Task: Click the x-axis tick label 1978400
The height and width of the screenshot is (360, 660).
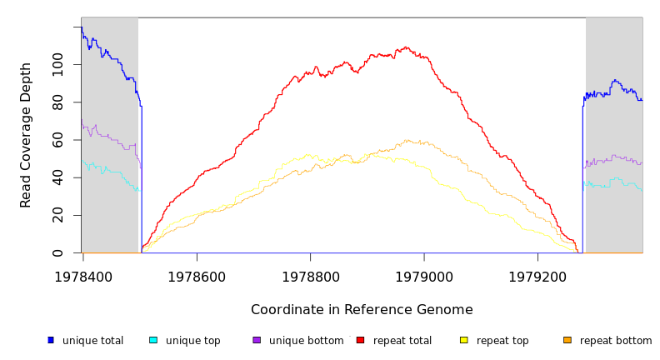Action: click(82, 275)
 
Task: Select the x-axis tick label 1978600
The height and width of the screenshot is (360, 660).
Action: click(197, 275)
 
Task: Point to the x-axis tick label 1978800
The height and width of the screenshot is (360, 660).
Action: click(310, 275)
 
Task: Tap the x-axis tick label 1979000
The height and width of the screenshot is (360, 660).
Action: click(423, 275)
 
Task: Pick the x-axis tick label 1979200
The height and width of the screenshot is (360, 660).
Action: click(537, 275)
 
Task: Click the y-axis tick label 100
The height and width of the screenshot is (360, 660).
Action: click(57, 64)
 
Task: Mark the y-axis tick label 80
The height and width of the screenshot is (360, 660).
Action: click(57, 102)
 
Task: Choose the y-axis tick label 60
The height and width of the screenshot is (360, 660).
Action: click(57, 140)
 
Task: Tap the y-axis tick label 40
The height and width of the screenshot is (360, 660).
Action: click(57, 177)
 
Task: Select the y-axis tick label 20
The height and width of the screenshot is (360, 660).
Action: click(57, 215)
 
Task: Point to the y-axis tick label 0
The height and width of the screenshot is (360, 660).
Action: click(57, 252)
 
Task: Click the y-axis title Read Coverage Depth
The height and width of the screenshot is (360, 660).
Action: click(26, 135)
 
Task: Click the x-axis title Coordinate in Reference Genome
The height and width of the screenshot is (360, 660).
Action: click(362, 310)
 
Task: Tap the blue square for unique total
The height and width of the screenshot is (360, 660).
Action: click(51, 340)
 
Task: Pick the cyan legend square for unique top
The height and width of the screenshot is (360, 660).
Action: click(153, 340)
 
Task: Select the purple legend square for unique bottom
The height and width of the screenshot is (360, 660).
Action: click(257, 340)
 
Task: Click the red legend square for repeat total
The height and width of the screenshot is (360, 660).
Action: click(360, 340)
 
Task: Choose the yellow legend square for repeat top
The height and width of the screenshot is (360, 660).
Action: click(463, 340)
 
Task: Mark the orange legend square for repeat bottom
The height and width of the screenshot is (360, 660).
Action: click(567, 340)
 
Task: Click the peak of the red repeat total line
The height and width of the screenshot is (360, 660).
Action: click(406, 47)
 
